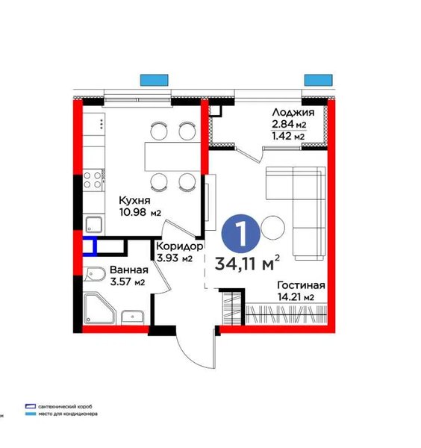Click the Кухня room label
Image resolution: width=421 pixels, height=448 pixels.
click(x=134, y=200)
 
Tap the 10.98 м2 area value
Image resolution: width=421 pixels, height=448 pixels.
click(x=140, y=212)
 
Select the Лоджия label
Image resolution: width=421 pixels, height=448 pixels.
click(x=293, y=112)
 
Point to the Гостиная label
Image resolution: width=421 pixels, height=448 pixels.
click(x=302, y=285)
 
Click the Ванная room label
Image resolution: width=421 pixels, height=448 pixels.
click(x=129, y=270)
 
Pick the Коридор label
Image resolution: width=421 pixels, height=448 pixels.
click(x=180, y=246)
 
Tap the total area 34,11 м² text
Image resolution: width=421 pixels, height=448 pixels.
click(x=247, y=263)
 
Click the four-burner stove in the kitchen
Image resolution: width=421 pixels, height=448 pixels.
click(x=93, y=180)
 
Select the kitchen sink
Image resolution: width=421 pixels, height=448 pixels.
click(x=94, y=224)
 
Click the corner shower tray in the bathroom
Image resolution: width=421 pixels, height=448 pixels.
click(x=100, y=308)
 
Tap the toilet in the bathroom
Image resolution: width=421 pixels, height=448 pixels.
click(x=95, y=275)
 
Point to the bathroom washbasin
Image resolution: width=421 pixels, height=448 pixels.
click(x=133, y=317)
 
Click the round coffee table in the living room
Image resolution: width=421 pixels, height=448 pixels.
click(x=273, y=228)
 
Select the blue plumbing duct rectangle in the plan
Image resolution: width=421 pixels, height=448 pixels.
click(x=90, y=246)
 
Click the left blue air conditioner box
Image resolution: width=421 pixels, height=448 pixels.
click(x=155, y=80)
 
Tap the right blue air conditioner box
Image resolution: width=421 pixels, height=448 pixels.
click(x=318, y=80)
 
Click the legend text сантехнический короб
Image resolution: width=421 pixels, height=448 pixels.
click(x=65, y=406)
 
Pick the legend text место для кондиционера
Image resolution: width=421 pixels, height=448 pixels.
click(x=68, y=414)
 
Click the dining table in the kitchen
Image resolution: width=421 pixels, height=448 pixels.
click(x=172, y=156)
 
